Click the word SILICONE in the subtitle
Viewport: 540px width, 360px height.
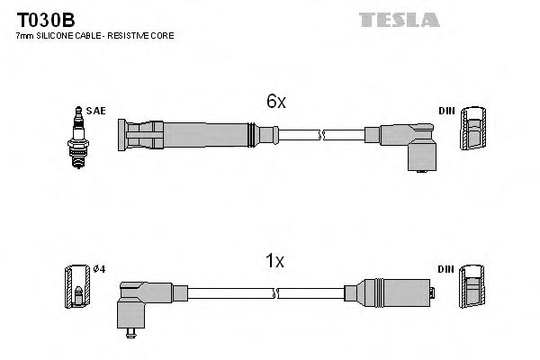58,35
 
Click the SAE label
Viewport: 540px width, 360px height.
97,111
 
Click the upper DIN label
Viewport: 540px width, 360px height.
446,111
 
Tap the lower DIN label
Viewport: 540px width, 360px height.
446,269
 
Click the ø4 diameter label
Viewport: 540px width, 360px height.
99,269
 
